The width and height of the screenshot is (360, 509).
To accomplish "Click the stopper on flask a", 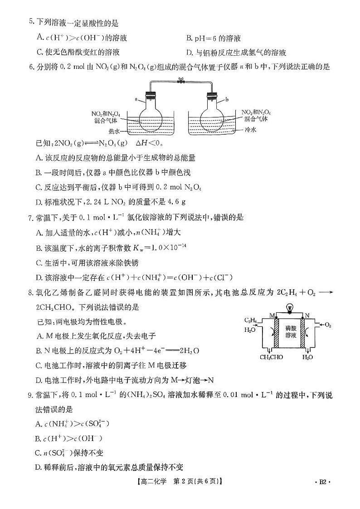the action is click(150, 96).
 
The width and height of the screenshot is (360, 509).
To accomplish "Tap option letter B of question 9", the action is click(38, 438).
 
